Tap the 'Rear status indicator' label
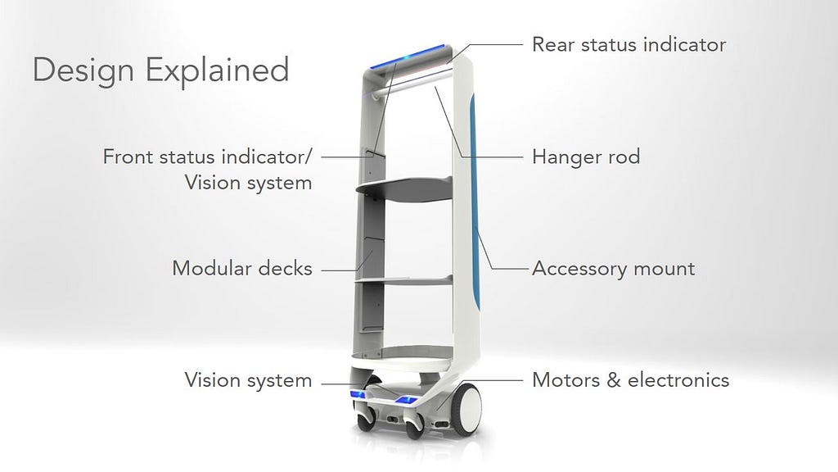point(629,44)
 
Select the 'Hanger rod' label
point(586,157)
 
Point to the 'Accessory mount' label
point(614,269)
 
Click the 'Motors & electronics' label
point(631,380)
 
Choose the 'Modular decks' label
point(242,268)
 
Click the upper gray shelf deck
point(404,189)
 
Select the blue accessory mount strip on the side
point(474,203)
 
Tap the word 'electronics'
point(678,380)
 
